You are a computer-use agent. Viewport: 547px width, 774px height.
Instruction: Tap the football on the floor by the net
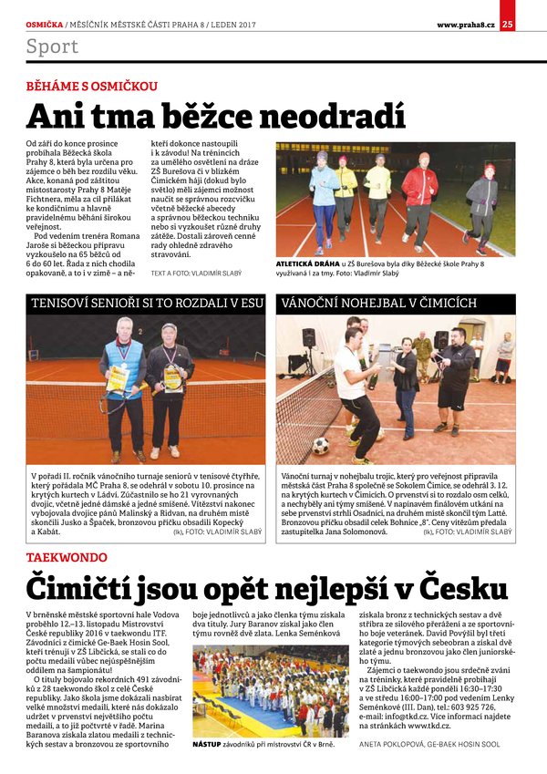[x=321, y=446]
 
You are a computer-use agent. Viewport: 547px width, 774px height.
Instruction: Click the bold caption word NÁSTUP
[x=206, y=744]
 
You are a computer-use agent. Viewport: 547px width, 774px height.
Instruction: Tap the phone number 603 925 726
[x=470, y=706]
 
